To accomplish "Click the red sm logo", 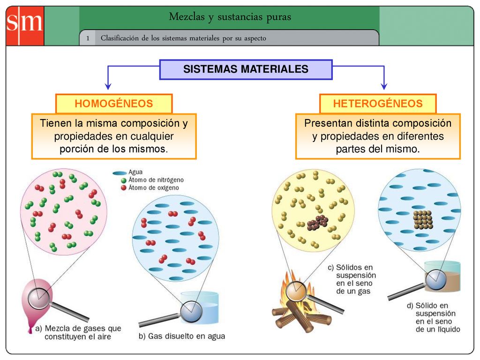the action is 25,26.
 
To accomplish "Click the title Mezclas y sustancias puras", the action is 230,17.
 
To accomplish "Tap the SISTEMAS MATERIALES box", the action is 246,69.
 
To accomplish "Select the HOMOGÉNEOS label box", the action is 114,104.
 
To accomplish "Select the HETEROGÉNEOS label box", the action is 378,104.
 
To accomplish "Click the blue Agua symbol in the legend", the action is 120,173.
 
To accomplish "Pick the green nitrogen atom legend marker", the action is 124,180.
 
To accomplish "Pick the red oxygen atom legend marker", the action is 124,188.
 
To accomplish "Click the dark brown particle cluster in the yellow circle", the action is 318,223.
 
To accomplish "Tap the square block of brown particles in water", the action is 423,220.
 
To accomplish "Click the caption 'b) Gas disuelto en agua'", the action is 182,336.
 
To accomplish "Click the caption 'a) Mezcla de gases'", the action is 78,329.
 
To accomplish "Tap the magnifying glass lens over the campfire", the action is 296,291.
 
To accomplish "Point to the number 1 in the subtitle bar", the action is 88,38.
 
